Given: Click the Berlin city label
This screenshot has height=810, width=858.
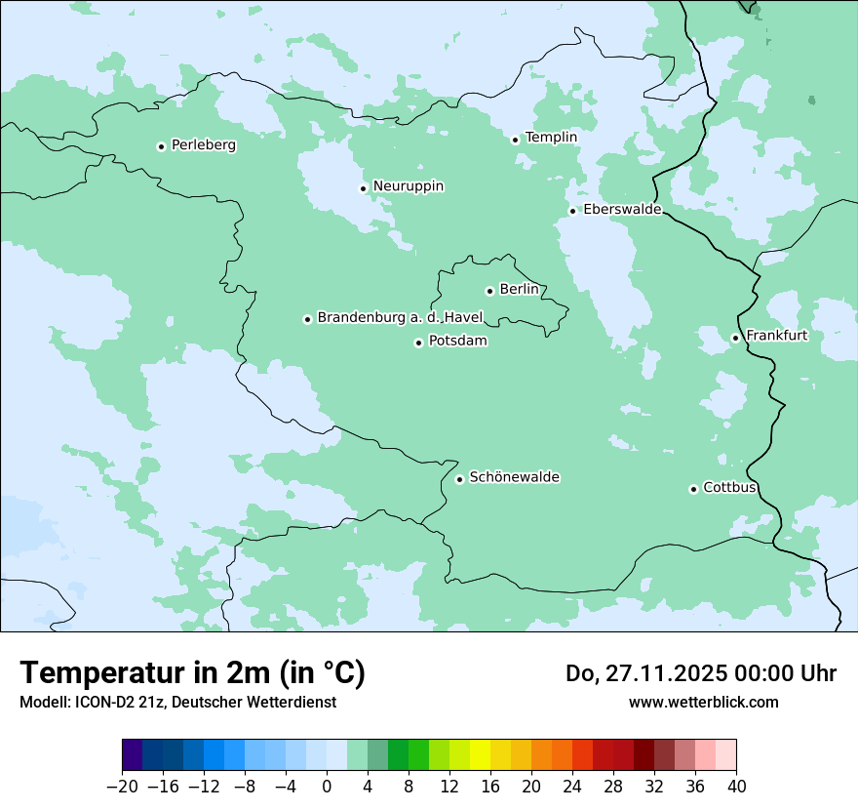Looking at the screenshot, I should tap(519, 289).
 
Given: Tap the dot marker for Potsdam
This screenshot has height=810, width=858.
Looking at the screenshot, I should tap(418, 343).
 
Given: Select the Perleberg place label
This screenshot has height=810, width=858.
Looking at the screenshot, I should tap(203, 145).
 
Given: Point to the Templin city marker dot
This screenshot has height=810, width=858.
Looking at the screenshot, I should tap(515, 140).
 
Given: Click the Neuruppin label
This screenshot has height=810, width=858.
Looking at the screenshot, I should tap(409, 186).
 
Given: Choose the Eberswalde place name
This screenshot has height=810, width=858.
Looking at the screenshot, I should tap(622, 210).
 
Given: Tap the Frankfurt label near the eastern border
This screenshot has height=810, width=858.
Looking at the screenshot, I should tap(776, 336).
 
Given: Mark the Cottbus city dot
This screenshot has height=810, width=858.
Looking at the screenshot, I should tap(693, 489).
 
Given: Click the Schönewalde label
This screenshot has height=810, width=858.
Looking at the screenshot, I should tap(515, 477).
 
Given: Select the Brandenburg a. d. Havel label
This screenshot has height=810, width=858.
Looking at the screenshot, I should tap(400, 317).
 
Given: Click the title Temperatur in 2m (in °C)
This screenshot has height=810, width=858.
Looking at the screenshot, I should tap(192, 673).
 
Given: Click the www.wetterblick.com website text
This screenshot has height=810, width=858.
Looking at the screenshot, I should tap(703, 702).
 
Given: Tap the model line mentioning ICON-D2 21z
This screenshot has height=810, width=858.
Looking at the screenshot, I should tap(177, 702).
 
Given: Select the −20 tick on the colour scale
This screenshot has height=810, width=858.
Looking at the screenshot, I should tap(123, 787).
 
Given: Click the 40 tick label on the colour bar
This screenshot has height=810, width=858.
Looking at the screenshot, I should tap(736, 787).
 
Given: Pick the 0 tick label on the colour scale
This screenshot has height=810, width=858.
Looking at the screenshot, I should tap(327, 787).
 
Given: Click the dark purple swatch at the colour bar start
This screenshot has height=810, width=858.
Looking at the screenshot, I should tap(133, 754).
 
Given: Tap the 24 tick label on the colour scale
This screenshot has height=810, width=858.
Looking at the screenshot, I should tap(572, 787).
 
